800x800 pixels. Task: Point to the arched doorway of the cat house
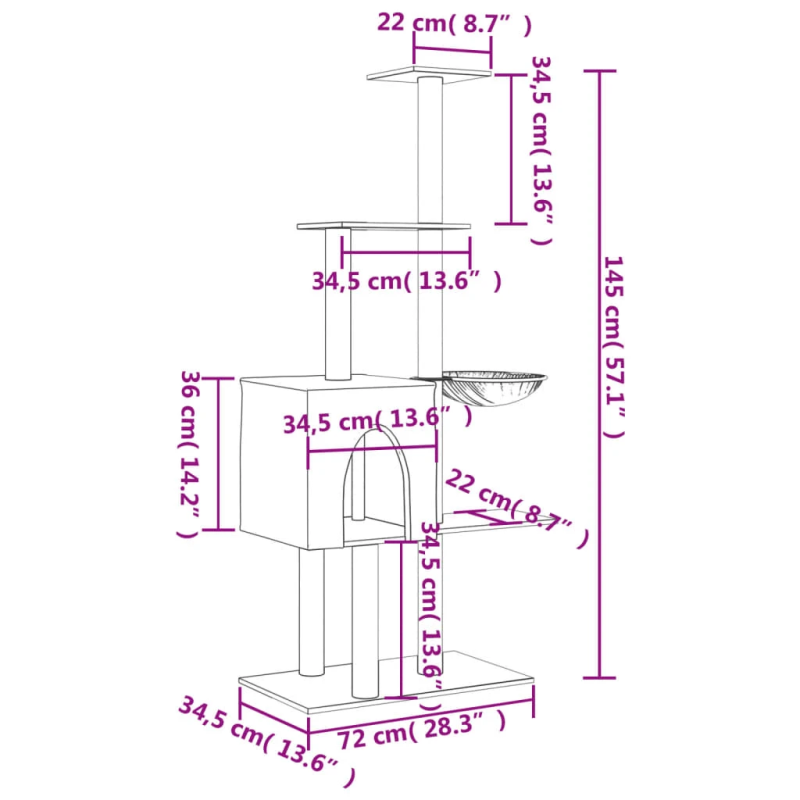pyautogui.click(x=376, y=480)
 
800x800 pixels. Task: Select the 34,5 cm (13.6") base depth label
pyautogui.click(x=266, y=735)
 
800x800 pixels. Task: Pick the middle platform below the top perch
pyautogui.click(x=383, y=227)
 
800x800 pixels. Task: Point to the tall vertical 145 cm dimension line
pyautogui.click(x=600, y=374)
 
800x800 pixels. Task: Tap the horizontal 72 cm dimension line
pyautogui.click(x=420, y=716)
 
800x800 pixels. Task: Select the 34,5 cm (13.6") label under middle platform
pyautogui.click(x=405, y=281)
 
